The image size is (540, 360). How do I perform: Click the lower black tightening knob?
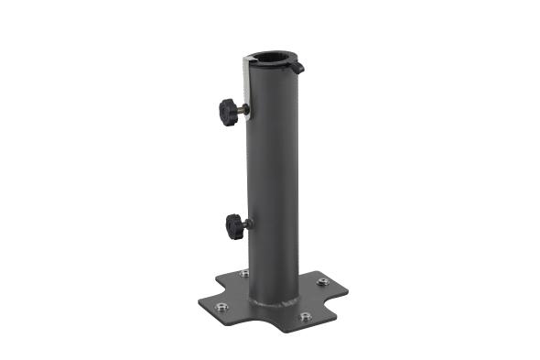233,224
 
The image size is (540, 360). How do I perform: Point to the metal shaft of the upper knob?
243,111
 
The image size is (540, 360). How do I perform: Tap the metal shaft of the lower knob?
247,224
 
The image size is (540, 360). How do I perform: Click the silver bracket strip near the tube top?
248,82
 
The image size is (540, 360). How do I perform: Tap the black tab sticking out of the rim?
297,68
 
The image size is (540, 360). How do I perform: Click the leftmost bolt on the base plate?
221,307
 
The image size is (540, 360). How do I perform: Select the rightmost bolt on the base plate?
324,281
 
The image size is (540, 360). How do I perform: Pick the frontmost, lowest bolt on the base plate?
305,316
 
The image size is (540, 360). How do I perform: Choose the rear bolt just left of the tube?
243,274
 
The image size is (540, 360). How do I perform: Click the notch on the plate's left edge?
220,285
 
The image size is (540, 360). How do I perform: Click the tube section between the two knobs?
273,169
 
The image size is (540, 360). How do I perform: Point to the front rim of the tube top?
272,72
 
